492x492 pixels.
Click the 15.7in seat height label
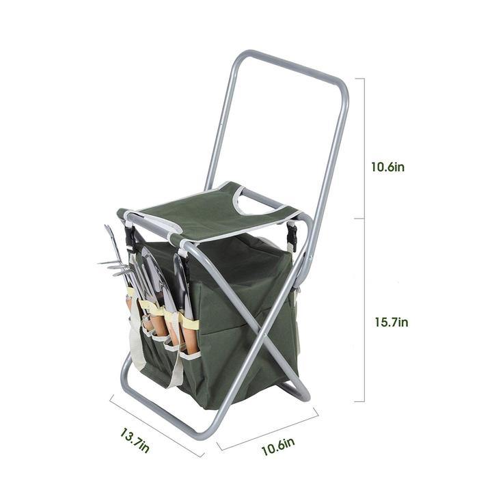392,323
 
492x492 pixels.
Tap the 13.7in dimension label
135,439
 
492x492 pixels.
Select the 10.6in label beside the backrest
388,167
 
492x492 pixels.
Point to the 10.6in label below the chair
278,446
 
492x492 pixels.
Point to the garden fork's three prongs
113,267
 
